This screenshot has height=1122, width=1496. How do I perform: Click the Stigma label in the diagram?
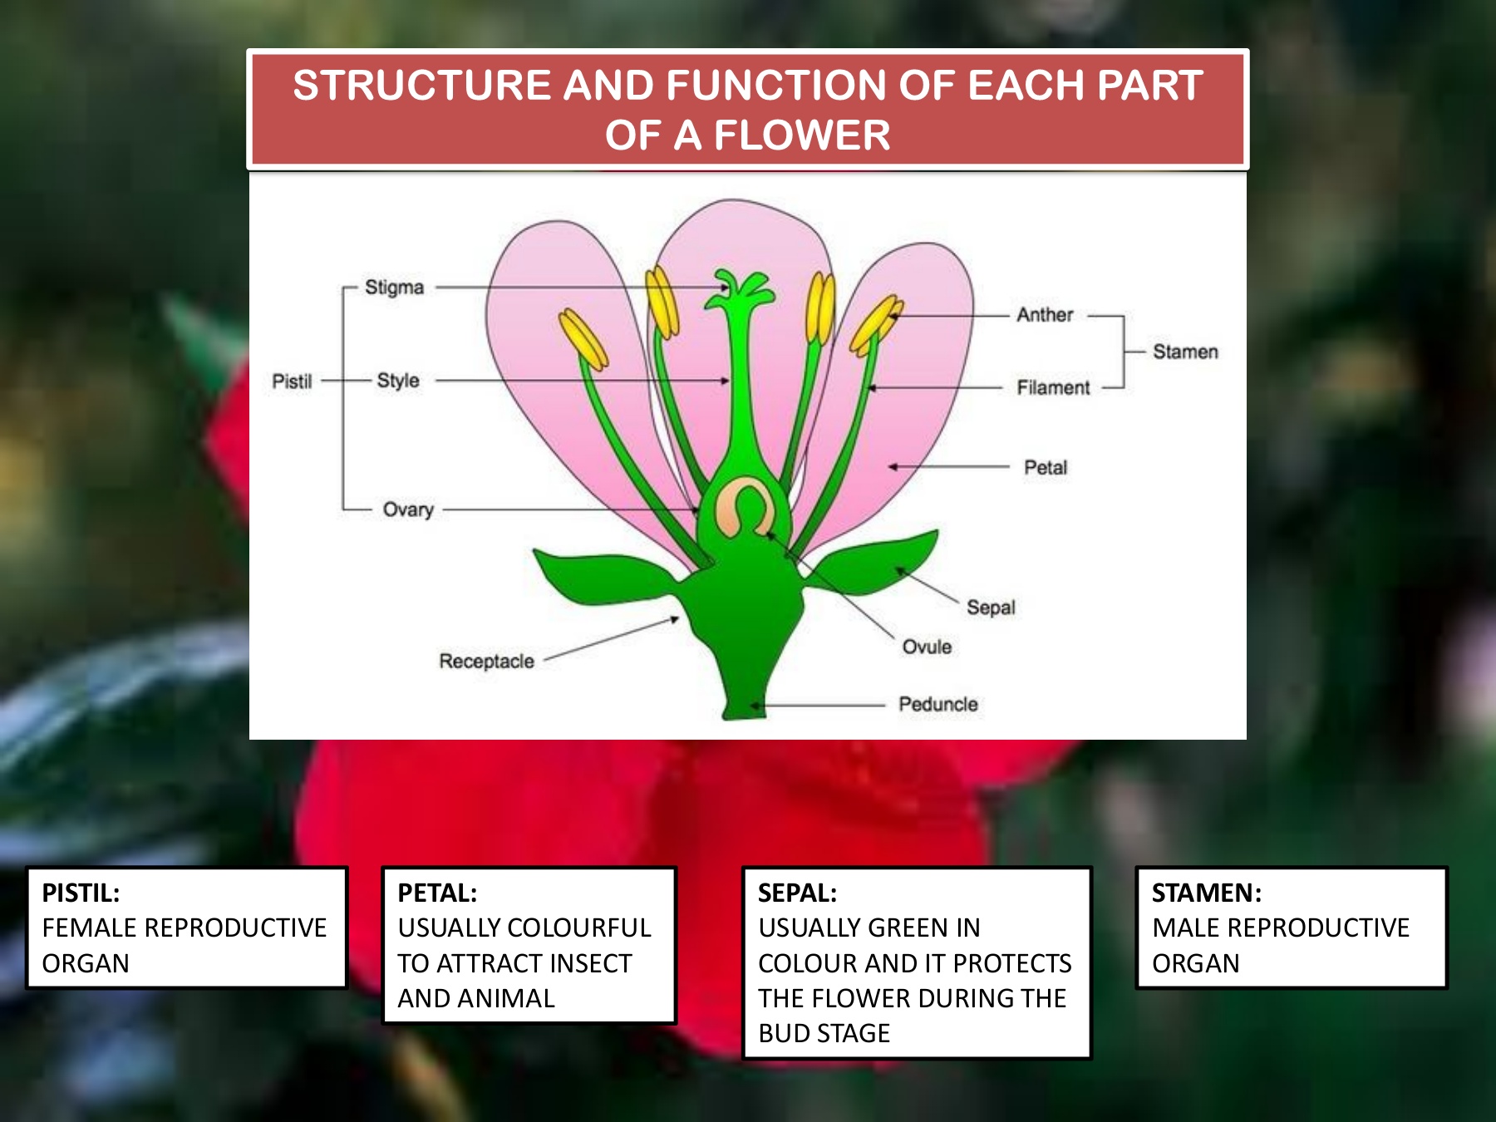394,288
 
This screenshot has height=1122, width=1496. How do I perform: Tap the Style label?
398,381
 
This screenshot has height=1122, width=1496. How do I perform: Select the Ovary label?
408,509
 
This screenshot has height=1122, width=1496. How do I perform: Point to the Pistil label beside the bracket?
292,381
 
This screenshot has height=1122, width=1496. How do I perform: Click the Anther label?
1045,315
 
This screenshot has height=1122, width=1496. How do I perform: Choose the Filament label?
1053,387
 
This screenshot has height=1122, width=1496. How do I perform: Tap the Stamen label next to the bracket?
1185,352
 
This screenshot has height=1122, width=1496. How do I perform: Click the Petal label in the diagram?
1046,468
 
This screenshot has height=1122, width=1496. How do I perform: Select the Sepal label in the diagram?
991,608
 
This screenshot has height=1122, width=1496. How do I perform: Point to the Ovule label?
927,647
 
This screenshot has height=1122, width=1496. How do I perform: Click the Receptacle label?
486,662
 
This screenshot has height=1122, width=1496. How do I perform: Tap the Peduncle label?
938,705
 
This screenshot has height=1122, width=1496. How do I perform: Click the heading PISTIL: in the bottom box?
81,893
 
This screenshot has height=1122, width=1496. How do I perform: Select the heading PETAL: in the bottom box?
437,893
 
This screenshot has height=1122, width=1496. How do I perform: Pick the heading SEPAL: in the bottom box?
797,893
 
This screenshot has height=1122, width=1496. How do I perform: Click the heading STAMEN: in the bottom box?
1207,893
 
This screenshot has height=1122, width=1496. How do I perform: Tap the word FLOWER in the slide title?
801,135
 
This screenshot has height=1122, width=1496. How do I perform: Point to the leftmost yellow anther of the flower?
583,339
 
